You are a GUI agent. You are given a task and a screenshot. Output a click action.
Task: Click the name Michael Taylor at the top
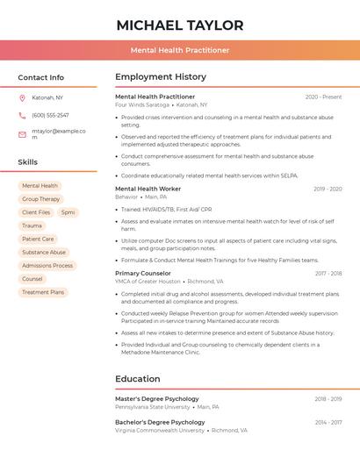click(180, 25)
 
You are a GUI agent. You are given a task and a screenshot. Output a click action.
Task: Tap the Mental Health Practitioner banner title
click(180, 50)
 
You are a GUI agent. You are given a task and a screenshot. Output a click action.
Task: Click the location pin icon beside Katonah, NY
click(22, 97)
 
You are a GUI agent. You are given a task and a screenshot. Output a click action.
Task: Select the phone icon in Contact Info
click(22, 115)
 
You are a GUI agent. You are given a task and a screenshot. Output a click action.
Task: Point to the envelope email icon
click(22, 134)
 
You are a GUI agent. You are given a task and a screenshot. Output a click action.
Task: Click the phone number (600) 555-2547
click(50, 115)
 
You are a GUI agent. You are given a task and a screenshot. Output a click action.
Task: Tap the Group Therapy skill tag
click(41, 199)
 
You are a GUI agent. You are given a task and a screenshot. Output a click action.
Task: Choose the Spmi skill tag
click(68, 212)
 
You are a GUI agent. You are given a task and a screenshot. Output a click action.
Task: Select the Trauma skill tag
click(32, 225)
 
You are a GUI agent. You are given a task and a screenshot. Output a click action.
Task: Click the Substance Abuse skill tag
click(44, 252)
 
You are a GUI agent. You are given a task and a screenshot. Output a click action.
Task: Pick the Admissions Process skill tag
click(47, 265)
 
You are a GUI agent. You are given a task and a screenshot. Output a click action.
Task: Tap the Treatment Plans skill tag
click(43, 292)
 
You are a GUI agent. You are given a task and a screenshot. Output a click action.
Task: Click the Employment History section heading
click(161, 76)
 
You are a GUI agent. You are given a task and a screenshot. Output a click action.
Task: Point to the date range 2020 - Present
click(323, 97)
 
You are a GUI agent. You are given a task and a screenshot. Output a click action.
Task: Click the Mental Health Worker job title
click(148, 189)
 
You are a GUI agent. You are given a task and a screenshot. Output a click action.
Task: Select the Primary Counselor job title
click(143, 273)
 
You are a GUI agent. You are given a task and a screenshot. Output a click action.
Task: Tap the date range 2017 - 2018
click(328, 273)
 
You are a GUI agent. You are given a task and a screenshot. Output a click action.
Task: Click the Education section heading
click(138, 379)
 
